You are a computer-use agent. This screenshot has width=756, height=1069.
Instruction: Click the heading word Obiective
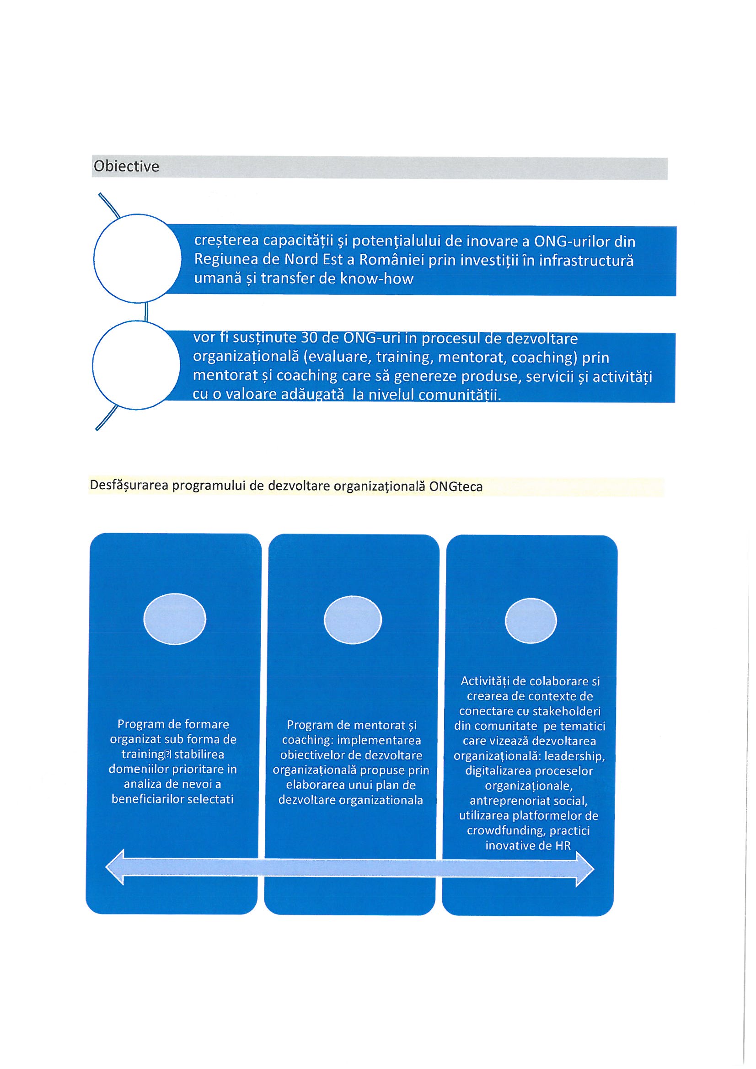[x=126, y=167]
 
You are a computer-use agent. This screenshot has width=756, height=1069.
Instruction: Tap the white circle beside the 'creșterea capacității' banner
[x=137, y=258]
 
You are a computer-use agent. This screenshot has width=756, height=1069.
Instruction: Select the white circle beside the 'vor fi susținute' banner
[x=136, y=365]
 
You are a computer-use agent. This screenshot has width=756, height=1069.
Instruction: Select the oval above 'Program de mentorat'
[x=353, y=620]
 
